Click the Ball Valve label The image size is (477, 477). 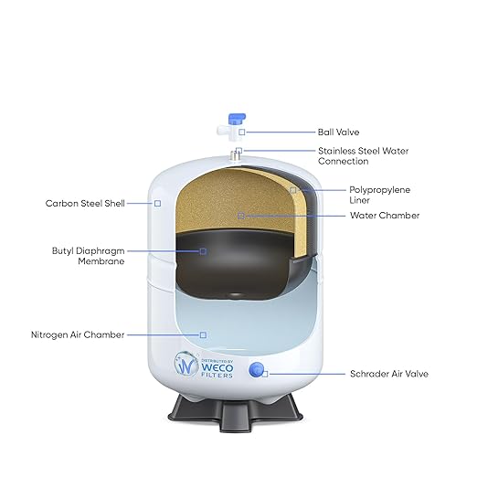pos(338,132)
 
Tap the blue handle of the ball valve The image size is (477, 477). pos(237,119)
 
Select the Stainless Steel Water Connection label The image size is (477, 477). pos(363,156)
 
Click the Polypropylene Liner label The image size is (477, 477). pos(379,195)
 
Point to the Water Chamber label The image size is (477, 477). pos(385,216)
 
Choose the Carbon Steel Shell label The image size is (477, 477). pos(85,203)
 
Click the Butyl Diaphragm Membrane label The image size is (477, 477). pos(89,256)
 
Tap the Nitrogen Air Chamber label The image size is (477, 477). pos(78,334)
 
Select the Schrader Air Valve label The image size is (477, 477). pos(389,374)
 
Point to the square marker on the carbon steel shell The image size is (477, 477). pos(157,203)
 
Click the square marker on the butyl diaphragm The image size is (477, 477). pos(203,251)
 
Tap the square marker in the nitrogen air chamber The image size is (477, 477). pos(203,334)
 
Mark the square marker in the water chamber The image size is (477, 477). pos(241,216)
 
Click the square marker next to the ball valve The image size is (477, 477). pos(242,132)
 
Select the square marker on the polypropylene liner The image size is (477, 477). pos(292,190)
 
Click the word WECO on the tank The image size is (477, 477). pos(217,367)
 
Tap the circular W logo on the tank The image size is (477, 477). pos(185,364)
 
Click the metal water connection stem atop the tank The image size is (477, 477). pos(235,155)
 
